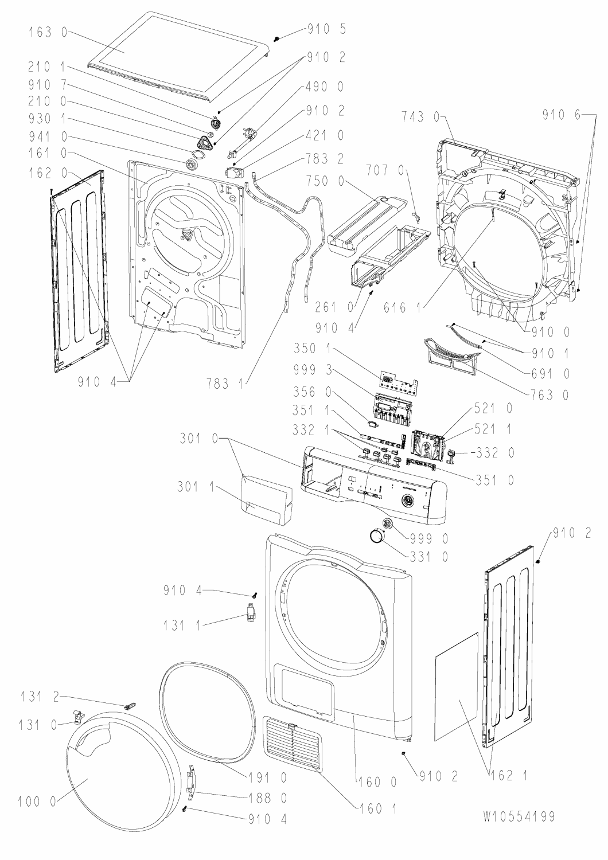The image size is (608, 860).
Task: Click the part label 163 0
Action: tap(48, 33)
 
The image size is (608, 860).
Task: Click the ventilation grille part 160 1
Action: tap(293, 743)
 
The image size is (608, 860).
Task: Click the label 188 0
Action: tap(268, 798)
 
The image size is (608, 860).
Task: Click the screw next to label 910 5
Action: tap(277, 37)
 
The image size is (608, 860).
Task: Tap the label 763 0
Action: tap(550, 395)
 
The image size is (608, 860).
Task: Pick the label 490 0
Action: tap(325, 87)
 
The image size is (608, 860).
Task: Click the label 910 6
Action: tap(560, 115)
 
